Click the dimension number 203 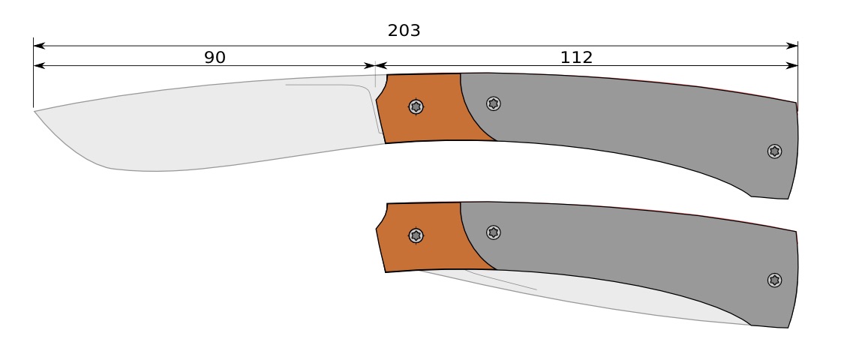404,31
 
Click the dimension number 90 215,58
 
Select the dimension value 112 576,58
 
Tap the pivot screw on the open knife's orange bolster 416,106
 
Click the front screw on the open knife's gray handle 494,103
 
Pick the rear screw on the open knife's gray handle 775,151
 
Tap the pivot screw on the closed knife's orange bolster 416,235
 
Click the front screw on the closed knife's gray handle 494,232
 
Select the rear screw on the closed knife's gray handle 775,280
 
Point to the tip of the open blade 35,112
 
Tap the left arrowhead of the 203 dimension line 38,46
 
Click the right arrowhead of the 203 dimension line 793,46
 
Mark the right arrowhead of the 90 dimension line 371,66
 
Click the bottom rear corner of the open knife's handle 787,199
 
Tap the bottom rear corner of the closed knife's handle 787,328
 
